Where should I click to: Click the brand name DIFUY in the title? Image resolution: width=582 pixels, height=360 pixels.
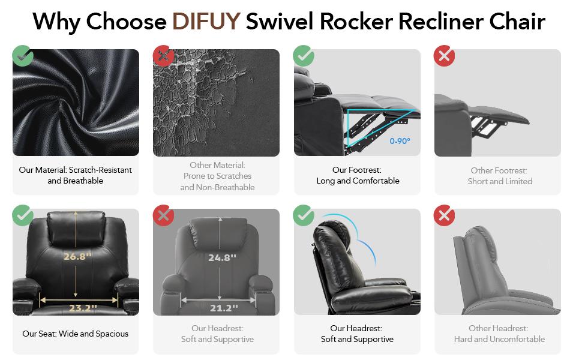(206, 22)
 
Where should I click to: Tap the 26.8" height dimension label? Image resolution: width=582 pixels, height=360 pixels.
(78, 256)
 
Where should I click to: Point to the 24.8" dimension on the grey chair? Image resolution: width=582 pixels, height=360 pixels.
(222, 257)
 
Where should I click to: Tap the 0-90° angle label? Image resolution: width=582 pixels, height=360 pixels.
(400, 141)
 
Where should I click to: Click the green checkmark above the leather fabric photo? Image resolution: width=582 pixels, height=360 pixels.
(23, 56)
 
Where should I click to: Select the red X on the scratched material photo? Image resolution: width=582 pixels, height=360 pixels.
(163, 56)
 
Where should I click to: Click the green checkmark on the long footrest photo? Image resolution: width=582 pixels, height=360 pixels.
(304, 56)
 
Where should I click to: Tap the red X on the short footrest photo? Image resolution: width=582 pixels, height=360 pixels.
(445, 56)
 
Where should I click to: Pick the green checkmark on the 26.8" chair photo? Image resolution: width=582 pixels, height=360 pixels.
(23, 215)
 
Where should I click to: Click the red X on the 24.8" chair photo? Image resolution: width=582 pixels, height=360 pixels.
(163, 215)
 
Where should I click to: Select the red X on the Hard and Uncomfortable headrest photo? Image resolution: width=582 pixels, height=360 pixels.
(445, 215)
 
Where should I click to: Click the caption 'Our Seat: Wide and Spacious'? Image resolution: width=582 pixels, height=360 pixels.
(76, 334)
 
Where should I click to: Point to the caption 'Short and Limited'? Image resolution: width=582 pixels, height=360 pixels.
(500, 181)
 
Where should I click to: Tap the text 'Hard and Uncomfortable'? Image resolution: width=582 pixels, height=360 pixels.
(499, 339)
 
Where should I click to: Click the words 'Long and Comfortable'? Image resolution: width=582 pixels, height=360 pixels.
(358, 181)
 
